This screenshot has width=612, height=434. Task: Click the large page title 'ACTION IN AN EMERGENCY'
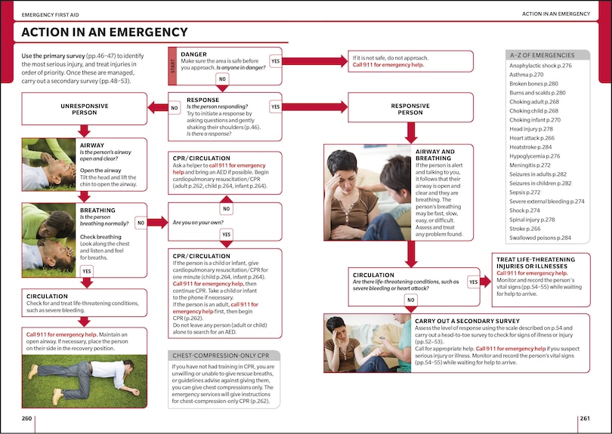[x=104, y=32]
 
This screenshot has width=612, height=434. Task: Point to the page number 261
[x=584, y=419]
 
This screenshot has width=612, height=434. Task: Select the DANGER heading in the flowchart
[x=193, y=54]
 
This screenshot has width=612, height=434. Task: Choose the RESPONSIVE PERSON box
[x=410, y=109]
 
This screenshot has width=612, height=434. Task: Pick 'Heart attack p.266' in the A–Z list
[x=531, y=138]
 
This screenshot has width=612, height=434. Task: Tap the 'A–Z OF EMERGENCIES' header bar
[x=549, y=55]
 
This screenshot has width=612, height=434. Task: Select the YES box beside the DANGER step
[x=275, y=60]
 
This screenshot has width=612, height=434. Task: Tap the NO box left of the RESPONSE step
[x=175, y=108]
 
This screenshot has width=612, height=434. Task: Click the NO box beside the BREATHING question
[x=141, y=223]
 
